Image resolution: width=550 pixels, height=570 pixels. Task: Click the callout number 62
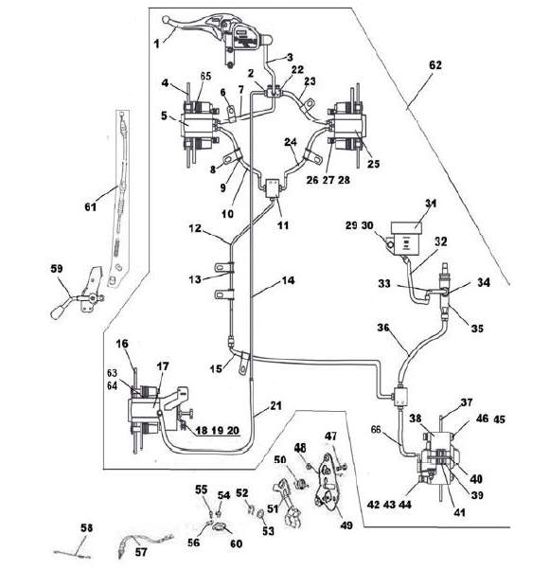435,65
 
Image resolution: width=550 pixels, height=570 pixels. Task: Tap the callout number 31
431,204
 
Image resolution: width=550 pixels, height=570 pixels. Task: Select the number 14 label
288,280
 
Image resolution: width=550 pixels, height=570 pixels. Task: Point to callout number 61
90,206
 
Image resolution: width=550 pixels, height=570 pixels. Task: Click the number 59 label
57,269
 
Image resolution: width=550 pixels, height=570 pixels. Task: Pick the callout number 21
275,405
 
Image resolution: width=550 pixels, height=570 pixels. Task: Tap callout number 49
346,525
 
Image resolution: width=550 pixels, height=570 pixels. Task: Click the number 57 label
141,552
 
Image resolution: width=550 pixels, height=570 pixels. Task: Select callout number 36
383,328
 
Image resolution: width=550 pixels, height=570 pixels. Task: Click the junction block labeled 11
273,188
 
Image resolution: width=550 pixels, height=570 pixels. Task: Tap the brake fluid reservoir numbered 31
406,237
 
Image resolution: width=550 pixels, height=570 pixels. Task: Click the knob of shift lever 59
57,313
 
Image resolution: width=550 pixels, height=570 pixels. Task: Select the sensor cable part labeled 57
146,542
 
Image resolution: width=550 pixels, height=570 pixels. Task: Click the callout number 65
205,76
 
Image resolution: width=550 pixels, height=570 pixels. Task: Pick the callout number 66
376,429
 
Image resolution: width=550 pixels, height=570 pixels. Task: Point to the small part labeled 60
219,526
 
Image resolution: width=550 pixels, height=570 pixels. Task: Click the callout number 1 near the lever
156,45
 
